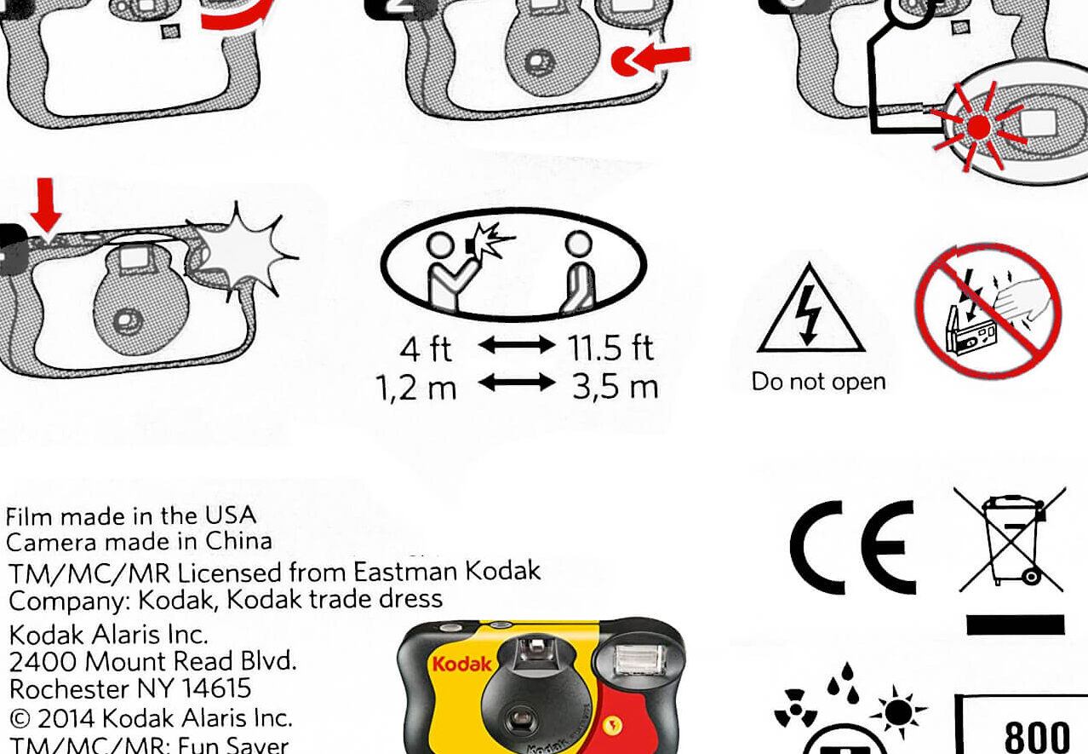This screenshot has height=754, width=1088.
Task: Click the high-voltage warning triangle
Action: click(x=810, y=308)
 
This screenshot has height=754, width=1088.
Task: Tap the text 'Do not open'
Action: click(x=818, y=382)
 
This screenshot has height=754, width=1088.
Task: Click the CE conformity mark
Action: click(x=853, y=547)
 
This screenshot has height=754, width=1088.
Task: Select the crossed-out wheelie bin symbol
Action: click(x=1011, y=539)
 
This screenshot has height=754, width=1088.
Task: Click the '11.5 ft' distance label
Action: click(x=610, y=348)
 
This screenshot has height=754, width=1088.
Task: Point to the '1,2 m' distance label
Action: click(x=416, y=388)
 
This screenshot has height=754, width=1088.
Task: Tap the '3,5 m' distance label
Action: click(x=615, y=387)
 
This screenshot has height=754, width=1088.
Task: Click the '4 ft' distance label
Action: click(x=426, y=348)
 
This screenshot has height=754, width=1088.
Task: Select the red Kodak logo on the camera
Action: click(x=461, y=664)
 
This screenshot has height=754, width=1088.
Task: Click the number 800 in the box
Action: click(x=1036, y=736)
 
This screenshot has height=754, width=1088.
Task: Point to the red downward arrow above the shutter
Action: click(x=46, y=205)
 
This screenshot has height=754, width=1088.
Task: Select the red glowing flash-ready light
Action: click(x=978, y=127)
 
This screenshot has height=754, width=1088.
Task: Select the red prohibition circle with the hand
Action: click(x=988, y=311)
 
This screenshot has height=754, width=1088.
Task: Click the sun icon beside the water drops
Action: click(x=898, y=712)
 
